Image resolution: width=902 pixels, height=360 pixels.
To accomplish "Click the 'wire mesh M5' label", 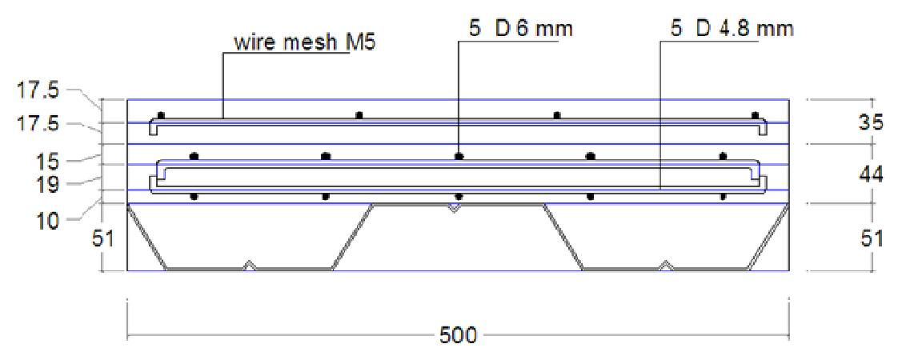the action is pos(304,43).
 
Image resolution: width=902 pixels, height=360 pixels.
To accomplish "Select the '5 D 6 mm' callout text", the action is pos(520,28).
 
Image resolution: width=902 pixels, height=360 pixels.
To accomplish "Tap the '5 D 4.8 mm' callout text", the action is pos(732,28).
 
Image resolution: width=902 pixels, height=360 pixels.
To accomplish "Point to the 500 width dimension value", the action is pos(458,335).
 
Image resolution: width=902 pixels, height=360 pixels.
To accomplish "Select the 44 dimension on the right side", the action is pos(869,176).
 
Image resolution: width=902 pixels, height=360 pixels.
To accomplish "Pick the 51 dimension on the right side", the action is pos(869,238).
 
